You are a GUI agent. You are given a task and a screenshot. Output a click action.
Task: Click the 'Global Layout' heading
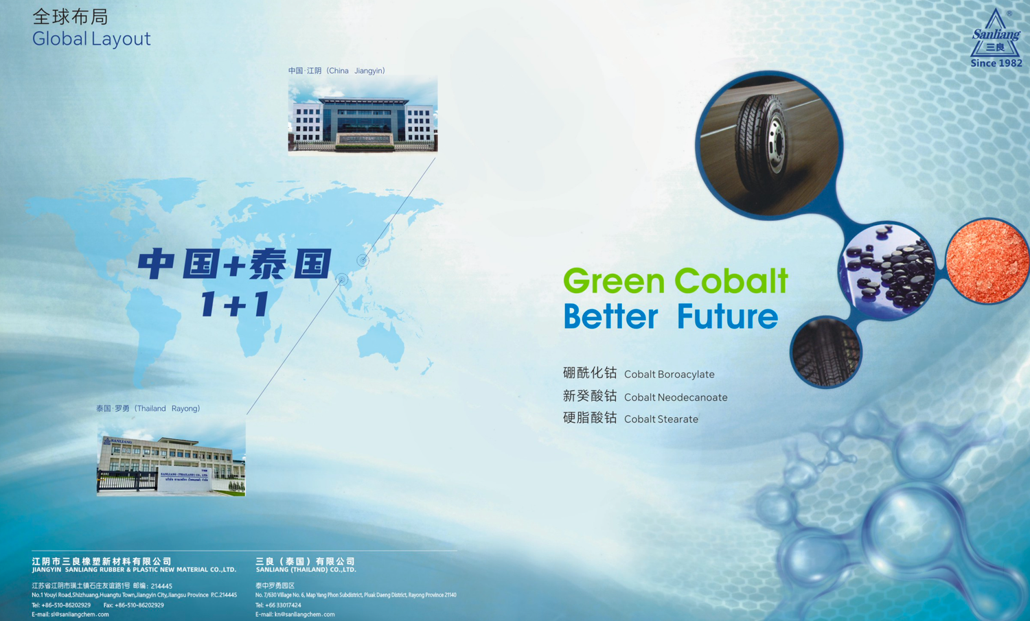(91, 39)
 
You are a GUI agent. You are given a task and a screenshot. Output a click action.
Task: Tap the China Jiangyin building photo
(363, 115)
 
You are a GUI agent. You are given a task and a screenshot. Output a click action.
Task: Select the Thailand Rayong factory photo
(171, 459)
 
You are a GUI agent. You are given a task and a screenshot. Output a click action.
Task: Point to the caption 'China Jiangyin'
(336, 71)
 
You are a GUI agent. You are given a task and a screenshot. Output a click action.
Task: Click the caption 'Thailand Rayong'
(148, 408)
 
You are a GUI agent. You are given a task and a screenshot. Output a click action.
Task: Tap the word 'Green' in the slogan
(614, 281)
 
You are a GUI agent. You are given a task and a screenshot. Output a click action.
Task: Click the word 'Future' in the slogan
(726, 317)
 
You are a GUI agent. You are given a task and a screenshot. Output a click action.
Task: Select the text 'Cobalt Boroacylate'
(669, 375)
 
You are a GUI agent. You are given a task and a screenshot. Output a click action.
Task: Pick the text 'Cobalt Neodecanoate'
(675, 397)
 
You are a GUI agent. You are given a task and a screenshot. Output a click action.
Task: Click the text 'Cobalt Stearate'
(661, 419)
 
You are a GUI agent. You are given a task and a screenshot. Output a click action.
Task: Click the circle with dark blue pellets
(887, 271)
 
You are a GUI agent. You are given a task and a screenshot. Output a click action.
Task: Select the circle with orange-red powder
(987, 261)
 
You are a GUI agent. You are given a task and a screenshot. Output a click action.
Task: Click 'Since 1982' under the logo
(996, 63)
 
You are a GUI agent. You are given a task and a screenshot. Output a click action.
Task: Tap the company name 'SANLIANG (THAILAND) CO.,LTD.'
(306, 570)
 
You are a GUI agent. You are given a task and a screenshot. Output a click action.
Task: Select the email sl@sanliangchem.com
(70, 614)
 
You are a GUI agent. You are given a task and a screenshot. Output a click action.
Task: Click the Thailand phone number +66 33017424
(278, 605)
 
